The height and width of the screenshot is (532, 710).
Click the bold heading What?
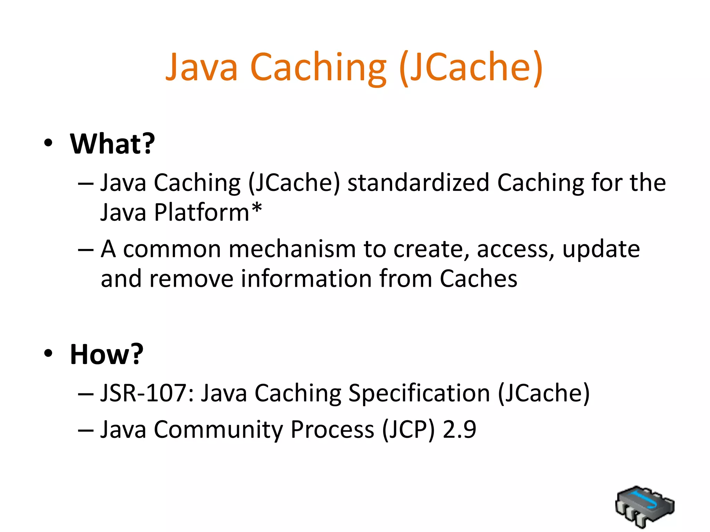coord(112,144)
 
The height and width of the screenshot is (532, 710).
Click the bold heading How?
coord(106,354)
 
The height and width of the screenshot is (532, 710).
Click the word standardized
coord(418,183)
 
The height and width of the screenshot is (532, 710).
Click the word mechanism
coord(292,249)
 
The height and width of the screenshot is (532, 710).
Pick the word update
coord(601,249)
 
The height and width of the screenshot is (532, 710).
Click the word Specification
coord(419,393)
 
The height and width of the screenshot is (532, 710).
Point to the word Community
coord(218,430)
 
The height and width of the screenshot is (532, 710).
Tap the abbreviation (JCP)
coord(408,430)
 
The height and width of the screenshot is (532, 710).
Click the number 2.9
coord(459,430)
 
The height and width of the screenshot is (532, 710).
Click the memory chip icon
coord(644,506)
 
